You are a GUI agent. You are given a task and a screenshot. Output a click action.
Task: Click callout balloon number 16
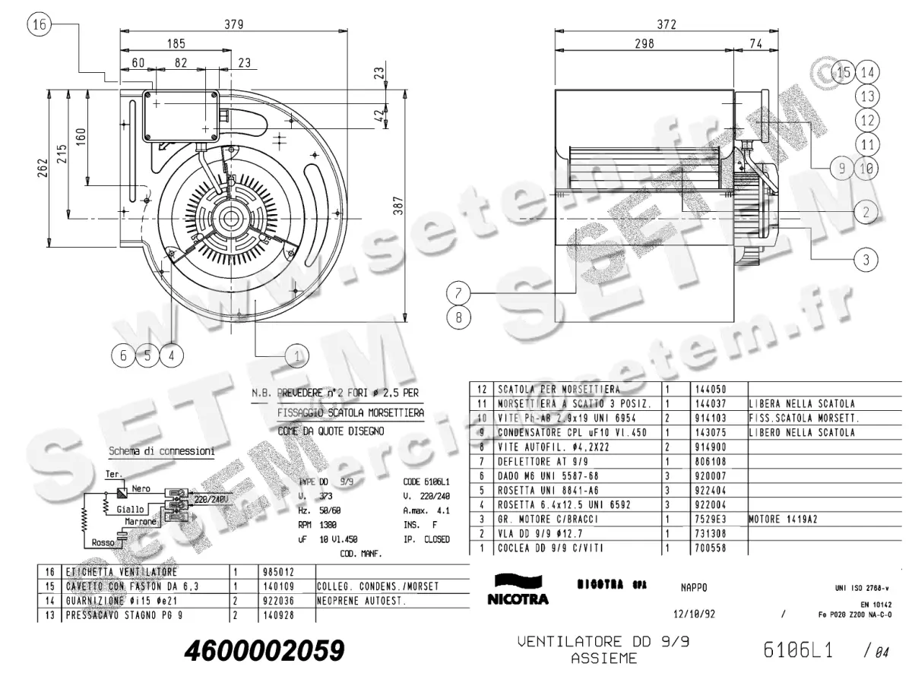[x=40, y=25]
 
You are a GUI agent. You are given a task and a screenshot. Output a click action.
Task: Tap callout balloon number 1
[x=297, y=354]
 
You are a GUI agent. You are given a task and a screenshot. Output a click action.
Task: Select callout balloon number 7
[x=458, y=292]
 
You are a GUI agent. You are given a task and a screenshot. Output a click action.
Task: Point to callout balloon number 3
[x=866, y=261]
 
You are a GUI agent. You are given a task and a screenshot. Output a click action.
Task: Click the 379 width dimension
[x=233, y=24]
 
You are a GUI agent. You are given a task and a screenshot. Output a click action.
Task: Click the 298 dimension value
[x=644, y=44]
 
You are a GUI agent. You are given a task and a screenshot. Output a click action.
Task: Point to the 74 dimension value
[x=755, y=44]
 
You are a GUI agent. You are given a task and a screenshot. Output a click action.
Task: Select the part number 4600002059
[x=264, y=650]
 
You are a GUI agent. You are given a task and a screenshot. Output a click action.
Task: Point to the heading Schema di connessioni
[x=161, y=450]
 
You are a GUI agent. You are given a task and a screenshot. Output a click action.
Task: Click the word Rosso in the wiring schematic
[x=103, y=542]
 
